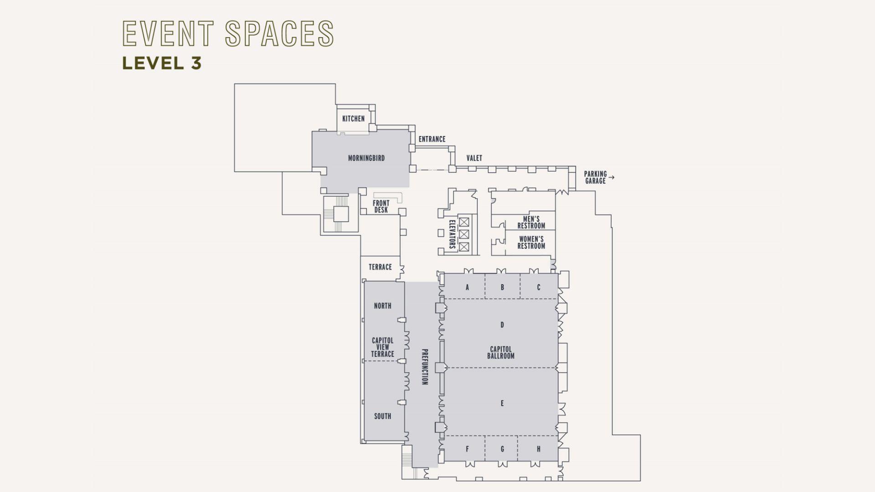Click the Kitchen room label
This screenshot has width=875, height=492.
pos(353,119)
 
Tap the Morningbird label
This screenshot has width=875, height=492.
pos(366,159)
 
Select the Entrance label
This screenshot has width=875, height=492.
pos(432,139)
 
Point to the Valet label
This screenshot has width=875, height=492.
pos(474,158)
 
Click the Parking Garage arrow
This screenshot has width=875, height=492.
pos(612,177)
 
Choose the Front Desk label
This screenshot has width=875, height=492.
pos(381,206)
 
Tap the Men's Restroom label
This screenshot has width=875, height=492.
pos(531,222)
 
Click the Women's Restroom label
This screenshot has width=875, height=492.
pos(531,242)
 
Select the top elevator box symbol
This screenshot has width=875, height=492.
pos(464,222)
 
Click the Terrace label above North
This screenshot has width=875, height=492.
pos(380,267)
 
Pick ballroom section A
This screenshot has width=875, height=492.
pos(467,287)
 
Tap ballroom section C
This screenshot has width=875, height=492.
pos(539,287)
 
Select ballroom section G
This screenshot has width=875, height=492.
pos(502,449)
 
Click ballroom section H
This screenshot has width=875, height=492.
pos(539,449)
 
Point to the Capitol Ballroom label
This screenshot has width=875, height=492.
pos(500,353)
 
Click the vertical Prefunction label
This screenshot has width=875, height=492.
pos(424,367)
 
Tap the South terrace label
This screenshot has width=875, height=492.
pos(382,416)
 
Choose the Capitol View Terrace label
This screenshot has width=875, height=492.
pos(382,347)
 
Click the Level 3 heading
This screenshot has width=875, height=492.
pos(161,63)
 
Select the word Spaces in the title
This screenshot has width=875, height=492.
pos(279,33)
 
